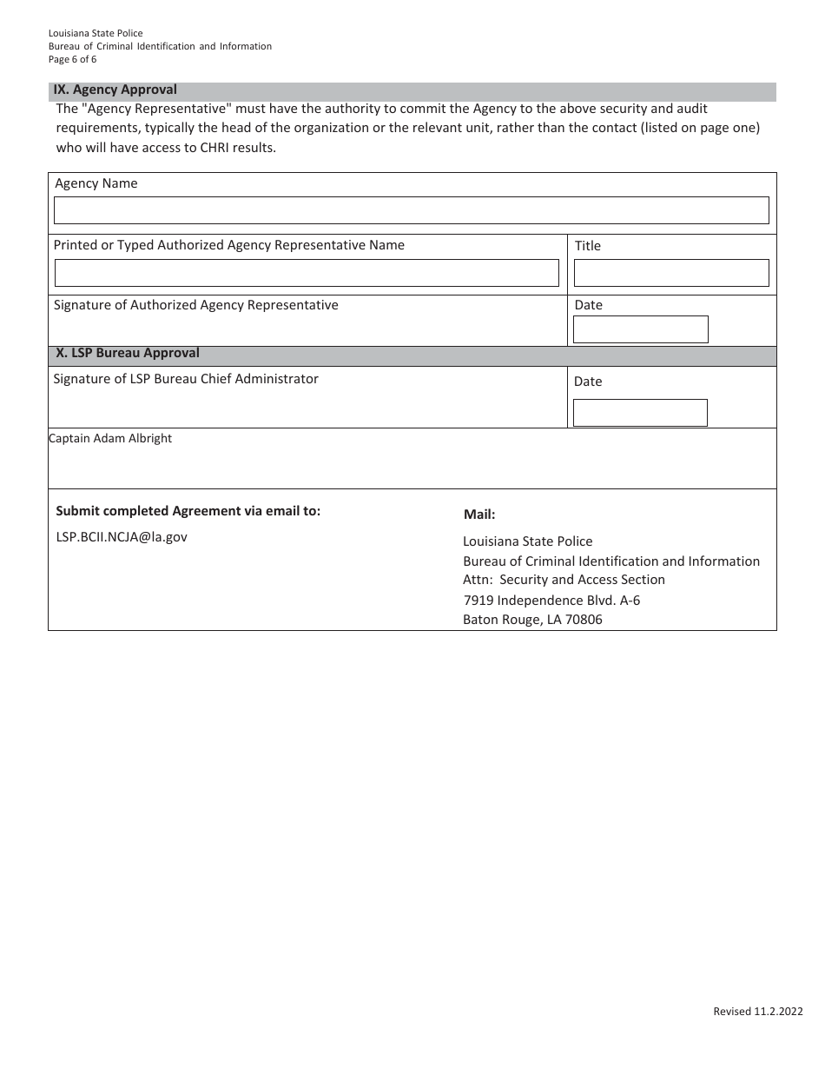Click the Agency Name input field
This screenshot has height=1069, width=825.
tap(411, 210)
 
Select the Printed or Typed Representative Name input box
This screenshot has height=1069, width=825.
tap(307, 273)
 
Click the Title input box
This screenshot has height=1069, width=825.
tap(670, 273)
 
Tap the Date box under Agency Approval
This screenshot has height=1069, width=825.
tap(640, 329)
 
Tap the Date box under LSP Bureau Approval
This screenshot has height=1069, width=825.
tap(640, 413)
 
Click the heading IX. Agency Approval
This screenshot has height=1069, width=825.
tap(115, 90)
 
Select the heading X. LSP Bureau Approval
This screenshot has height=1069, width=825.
tap(128, 353)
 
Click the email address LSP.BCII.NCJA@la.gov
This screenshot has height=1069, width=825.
tap(122, 537)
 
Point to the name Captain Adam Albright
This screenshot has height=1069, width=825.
tap(110, 438)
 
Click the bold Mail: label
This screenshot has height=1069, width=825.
tap(479, 515)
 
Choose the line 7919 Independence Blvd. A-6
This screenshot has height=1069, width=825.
tap(551, 601)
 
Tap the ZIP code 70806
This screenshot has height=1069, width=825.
tap(584, 620)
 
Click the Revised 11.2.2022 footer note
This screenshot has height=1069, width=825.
tap(757, 1011)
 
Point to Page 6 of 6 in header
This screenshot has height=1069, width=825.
tap(73, 59)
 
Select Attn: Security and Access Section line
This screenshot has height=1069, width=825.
tap(564, 580)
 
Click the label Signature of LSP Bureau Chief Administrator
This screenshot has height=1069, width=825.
tap(186, 379)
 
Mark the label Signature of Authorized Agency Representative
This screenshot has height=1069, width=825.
tap(196, 305)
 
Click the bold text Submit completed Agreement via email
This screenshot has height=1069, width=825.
tap(188, 511)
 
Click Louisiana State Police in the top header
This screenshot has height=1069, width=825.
tap(96, 33)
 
